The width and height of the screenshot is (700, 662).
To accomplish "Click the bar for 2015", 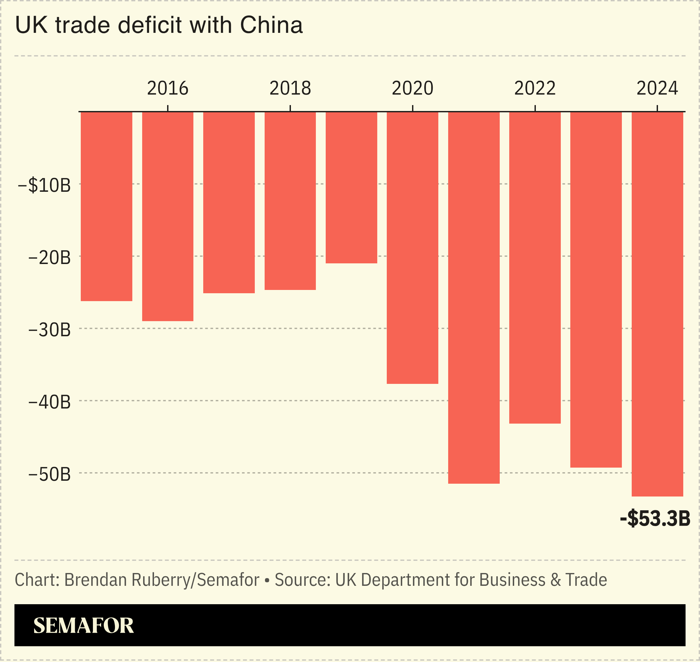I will tap(107, 207).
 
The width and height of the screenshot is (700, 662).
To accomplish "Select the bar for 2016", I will tap(167, 216).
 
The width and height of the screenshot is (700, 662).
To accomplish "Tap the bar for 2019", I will tap(351, 188).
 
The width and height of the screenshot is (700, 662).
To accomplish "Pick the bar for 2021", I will tap(474, 298).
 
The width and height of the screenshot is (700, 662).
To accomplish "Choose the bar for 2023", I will tap(596, 289).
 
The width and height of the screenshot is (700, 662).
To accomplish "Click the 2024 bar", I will tap(657, 304).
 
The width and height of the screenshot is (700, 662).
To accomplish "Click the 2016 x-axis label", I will tap(167, 88).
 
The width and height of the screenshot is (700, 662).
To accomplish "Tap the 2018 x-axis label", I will tap(290, 88).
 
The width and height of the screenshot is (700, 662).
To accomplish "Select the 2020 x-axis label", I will tap(412, 88).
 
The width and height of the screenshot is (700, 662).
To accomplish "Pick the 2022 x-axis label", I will tap(535, 88).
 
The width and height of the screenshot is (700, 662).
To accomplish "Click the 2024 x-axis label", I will tap(657, 88).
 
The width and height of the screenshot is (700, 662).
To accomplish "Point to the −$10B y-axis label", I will tap(44, 185).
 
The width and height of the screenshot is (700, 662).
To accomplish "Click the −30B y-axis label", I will tap(49, 330).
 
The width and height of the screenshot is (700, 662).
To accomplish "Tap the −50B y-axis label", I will tap(49, 474).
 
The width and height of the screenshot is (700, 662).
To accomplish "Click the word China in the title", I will tap(271, 25).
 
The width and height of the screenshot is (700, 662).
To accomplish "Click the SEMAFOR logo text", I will tap(84, 626).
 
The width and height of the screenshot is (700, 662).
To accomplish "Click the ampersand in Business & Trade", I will tap(555, 580).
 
